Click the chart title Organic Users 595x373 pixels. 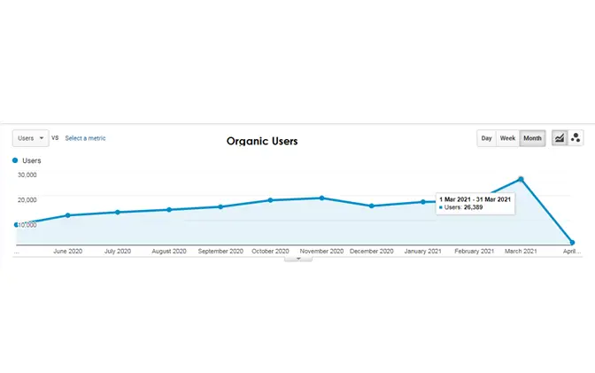(x=262, y=141)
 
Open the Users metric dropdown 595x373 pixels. (x=30, y=138)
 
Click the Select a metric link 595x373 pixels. (x=85, y=138)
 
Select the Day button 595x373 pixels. (x=486, y=138)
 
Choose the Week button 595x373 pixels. (x=507, y=138)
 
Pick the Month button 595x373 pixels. (x=532, y=138)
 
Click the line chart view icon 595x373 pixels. (x=560, y=138)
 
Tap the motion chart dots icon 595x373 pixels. (x=576, y=138)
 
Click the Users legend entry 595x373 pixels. (x=31, y=160)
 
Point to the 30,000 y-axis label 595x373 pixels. (x=27, y=175)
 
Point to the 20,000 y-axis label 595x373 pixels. (x=27, y=199)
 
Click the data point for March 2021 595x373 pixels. (x=522, y=179)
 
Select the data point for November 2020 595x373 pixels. (x=321, y=198)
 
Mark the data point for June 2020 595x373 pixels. (x=67, y=215)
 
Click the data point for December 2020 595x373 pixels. (x=372, y=206)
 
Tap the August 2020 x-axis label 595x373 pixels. (x=169, y=252)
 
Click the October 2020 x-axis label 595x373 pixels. (x=270, y=252)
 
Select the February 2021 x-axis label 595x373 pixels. (x=475, y=252)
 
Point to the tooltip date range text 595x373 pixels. (x=475, y=198)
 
